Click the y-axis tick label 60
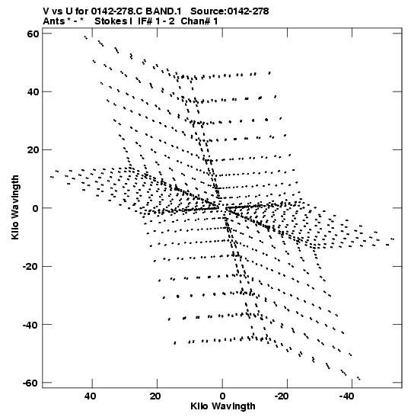33,34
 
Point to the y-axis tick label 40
33,92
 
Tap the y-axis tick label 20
33,150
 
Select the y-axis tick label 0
36,208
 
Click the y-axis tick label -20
30,267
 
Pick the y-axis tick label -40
30,325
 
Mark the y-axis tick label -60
30,383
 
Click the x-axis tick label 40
91,396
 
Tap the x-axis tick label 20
155,396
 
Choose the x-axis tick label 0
222,396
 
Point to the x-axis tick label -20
282,396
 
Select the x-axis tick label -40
346,396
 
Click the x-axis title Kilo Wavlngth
223,406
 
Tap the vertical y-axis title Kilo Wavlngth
15,207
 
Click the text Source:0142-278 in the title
230,11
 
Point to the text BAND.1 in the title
164,11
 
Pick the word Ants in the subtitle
53,21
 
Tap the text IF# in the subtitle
145,21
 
